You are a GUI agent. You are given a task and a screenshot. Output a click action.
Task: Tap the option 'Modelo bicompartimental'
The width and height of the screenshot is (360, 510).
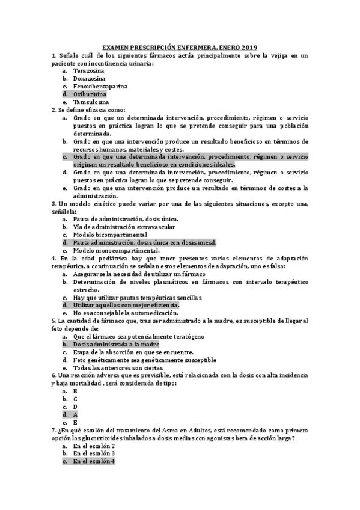[110, 235]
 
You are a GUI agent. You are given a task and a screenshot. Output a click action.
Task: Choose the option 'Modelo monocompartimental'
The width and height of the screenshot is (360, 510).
[117, 250]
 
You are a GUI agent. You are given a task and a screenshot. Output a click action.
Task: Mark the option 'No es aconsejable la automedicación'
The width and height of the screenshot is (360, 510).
[126, 313]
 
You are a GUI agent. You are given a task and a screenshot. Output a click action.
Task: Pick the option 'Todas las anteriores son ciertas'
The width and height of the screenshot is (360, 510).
[118, 367]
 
